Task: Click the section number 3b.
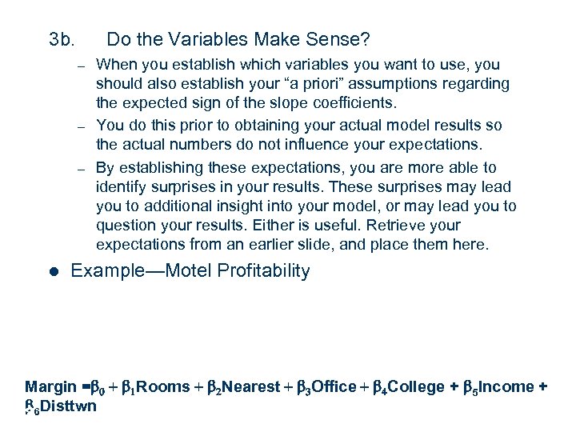62,38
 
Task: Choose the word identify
122,186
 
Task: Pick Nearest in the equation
251,387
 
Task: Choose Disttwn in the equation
69,406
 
